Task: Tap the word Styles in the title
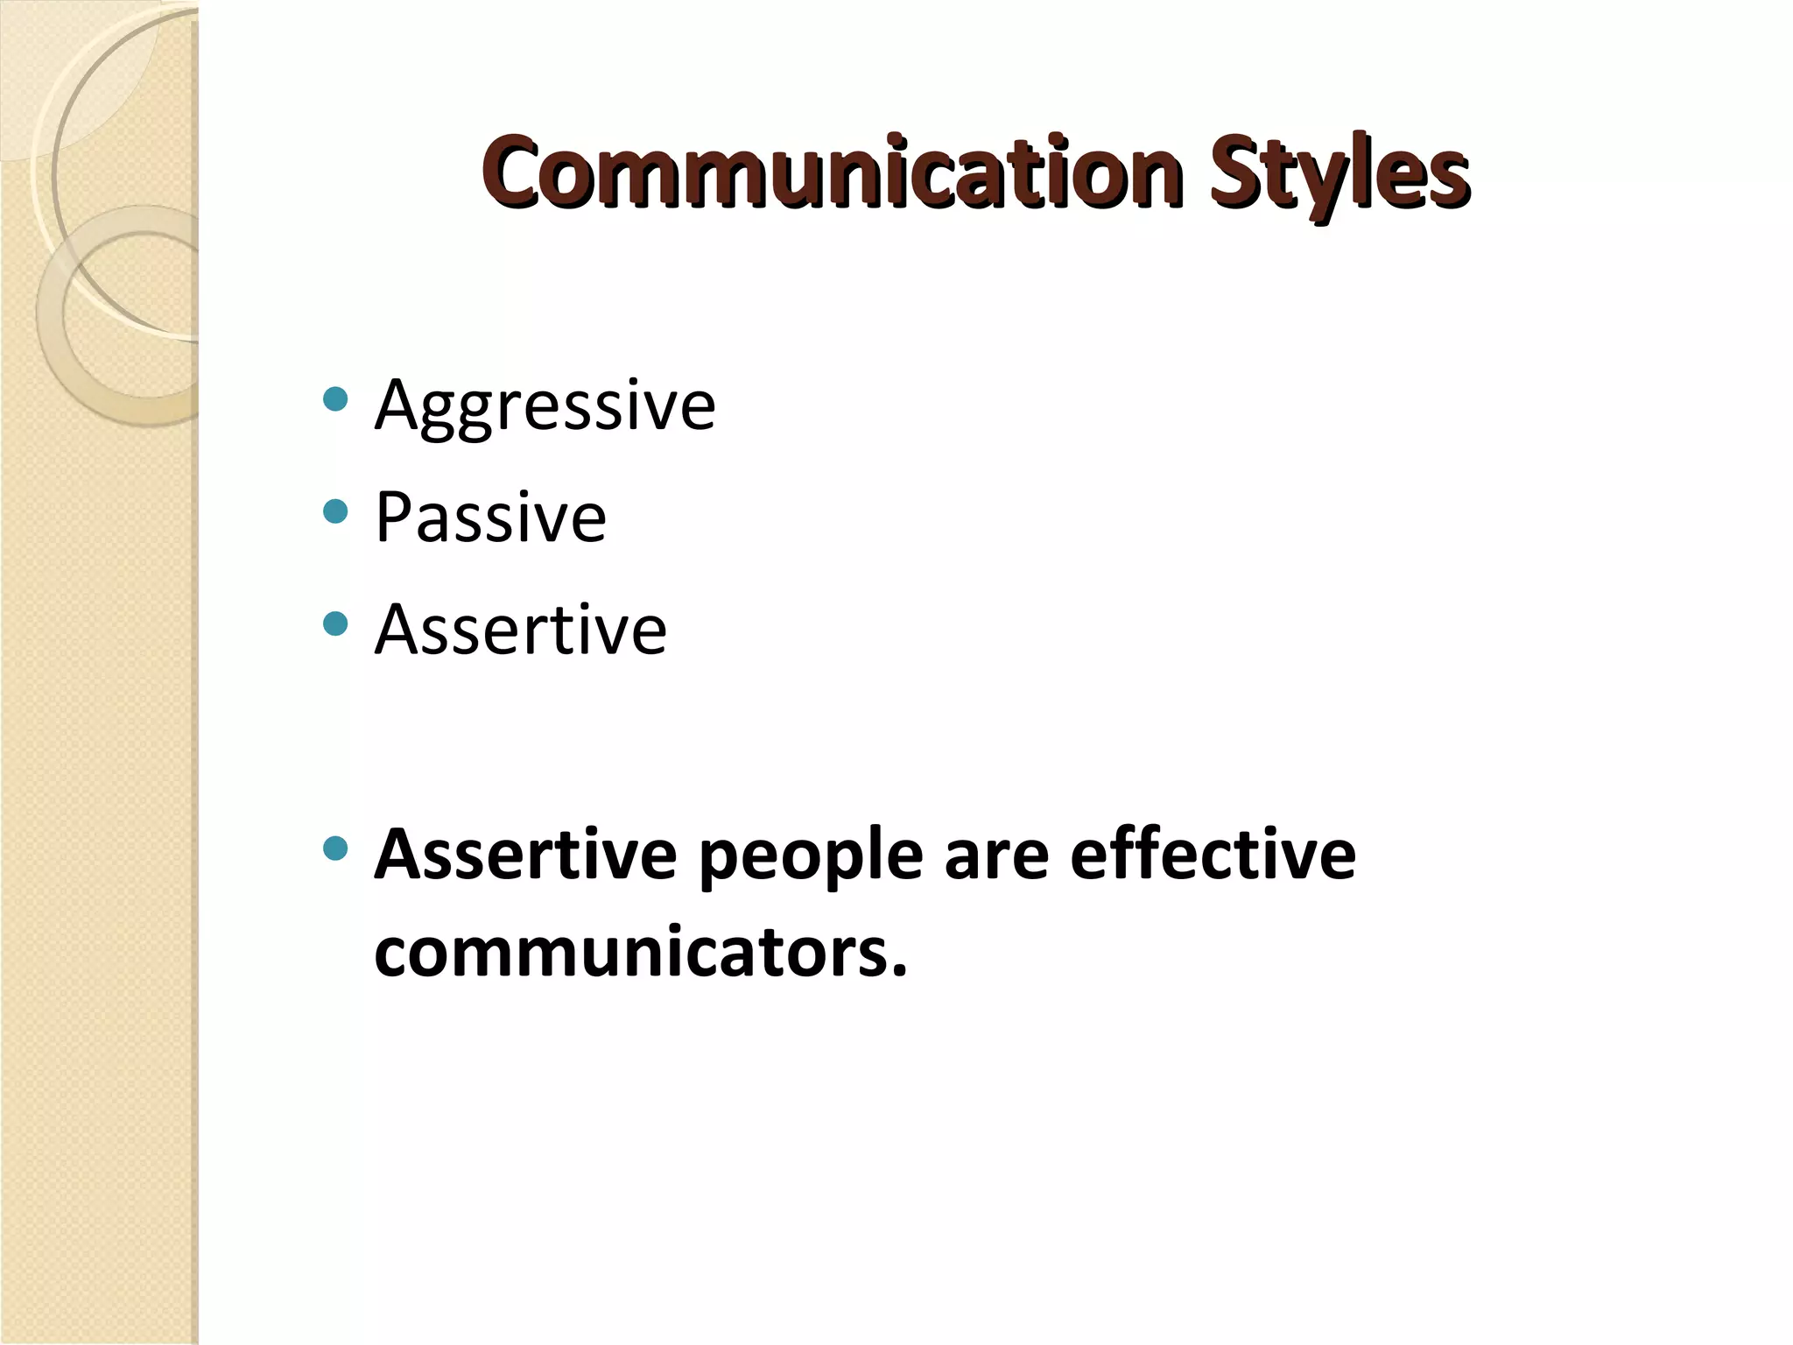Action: pos(1338,172)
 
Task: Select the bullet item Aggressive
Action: pos(545,405)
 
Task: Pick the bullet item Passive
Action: pos(490,518)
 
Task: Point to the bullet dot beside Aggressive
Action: pos(335,400)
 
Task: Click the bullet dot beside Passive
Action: pos(335,511)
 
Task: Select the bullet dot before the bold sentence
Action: pos(335,847)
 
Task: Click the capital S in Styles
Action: pos(1234,171)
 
